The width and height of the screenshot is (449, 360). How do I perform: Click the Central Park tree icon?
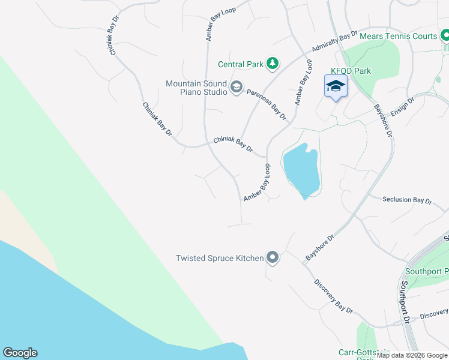273,63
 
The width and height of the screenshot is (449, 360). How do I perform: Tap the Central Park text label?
240,64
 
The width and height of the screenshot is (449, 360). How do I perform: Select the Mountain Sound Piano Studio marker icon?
237,88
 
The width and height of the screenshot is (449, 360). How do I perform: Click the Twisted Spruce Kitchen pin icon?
273,258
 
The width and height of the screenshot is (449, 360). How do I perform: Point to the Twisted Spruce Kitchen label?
219,258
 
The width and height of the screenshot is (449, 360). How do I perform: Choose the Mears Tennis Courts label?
398,36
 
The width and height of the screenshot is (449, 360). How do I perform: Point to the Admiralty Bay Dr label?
334,42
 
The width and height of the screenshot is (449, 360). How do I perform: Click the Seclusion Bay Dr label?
407,200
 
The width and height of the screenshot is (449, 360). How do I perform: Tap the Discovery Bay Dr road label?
333,296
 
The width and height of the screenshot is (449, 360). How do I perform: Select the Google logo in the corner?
20,353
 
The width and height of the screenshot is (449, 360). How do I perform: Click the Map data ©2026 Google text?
412,355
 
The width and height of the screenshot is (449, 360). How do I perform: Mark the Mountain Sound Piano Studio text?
196,88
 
